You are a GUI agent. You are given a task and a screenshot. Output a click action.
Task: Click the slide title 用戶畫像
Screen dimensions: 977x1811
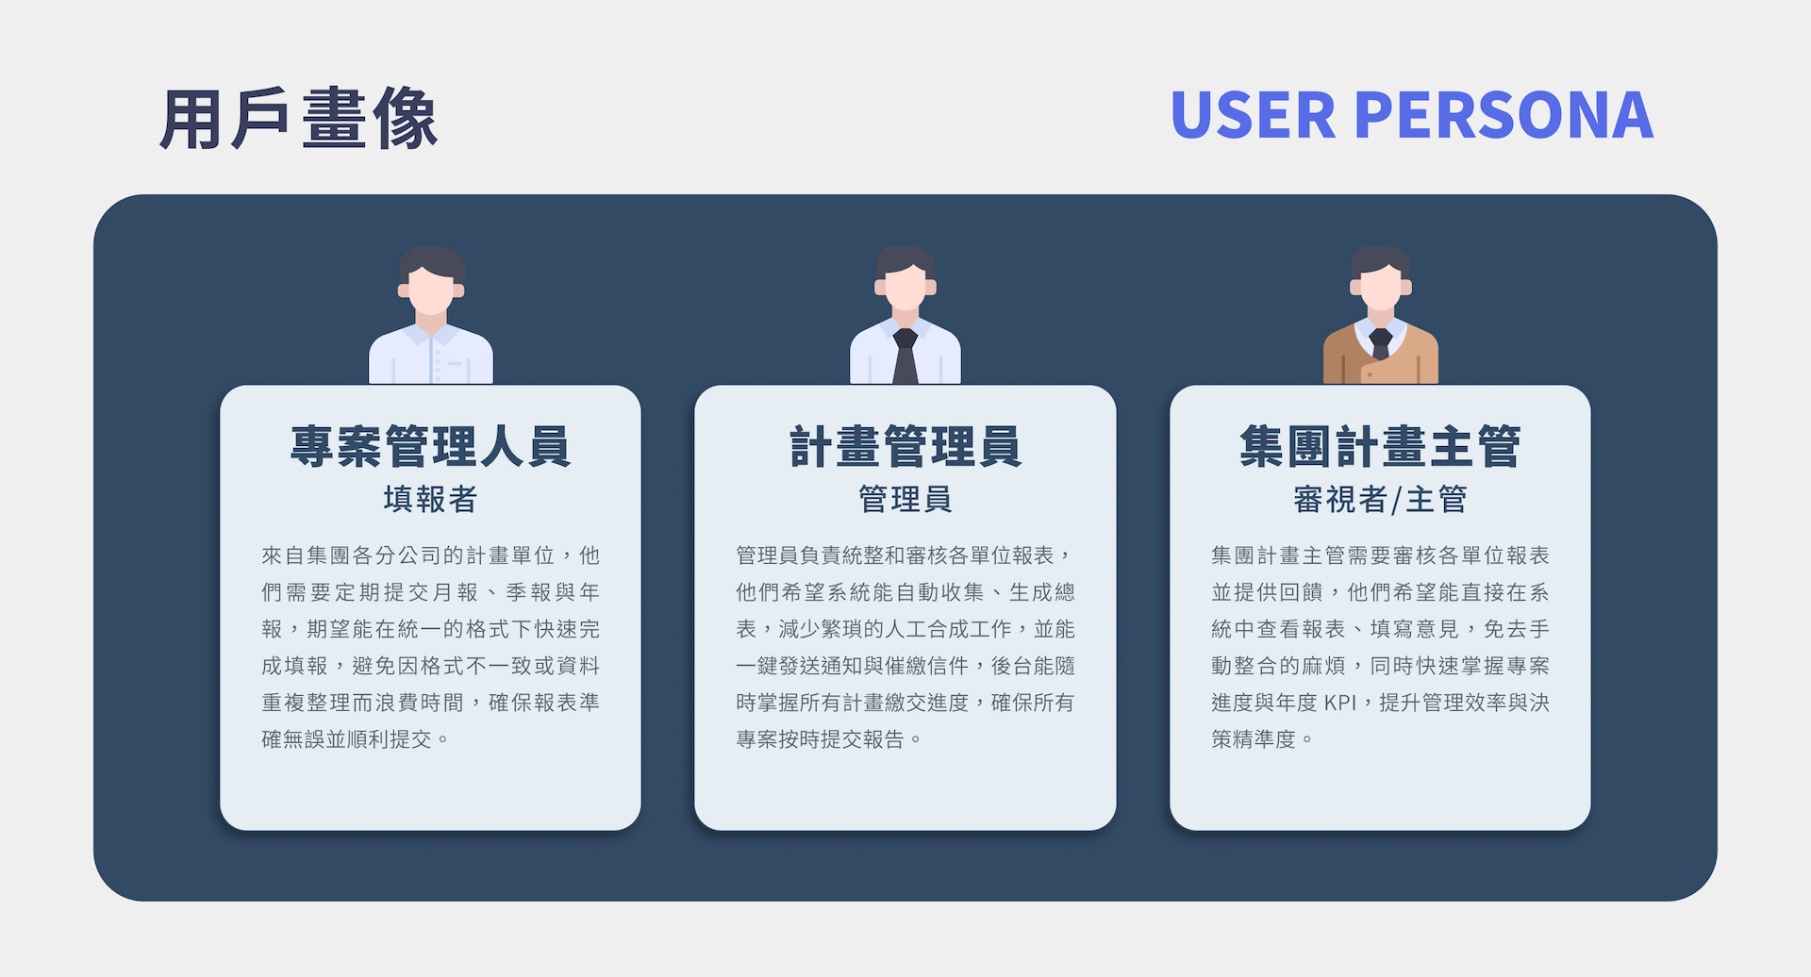[298, 119]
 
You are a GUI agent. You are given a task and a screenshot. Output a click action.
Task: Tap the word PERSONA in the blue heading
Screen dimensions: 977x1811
[1504, 116]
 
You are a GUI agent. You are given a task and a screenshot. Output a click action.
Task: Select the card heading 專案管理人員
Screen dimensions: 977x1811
[430, 446]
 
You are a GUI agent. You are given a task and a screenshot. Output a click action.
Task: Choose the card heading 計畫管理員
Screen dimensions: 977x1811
[905, 446]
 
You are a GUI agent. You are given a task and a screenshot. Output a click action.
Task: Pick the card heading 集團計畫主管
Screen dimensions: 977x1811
[1380, 446]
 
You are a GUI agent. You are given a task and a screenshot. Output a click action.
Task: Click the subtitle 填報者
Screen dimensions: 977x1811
[430, 499]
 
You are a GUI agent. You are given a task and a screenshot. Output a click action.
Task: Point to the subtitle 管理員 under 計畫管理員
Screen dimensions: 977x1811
[905, 499]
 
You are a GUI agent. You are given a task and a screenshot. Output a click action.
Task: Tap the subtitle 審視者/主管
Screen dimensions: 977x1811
[1380, 499]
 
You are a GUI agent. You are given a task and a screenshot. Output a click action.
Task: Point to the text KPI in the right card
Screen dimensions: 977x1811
[1339, 703]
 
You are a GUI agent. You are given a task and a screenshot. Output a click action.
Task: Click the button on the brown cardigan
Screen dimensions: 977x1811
[1369, 374]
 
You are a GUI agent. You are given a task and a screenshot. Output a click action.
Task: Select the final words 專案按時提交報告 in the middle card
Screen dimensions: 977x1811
[820, 739]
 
